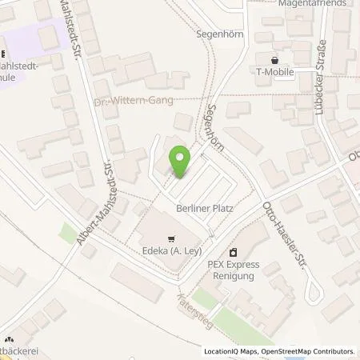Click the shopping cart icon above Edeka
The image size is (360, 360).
click(170, 238)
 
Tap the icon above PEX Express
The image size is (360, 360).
click(232, 251)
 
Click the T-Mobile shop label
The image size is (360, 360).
click(274, 72)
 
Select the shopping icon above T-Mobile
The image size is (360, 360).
click(274, 60)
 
